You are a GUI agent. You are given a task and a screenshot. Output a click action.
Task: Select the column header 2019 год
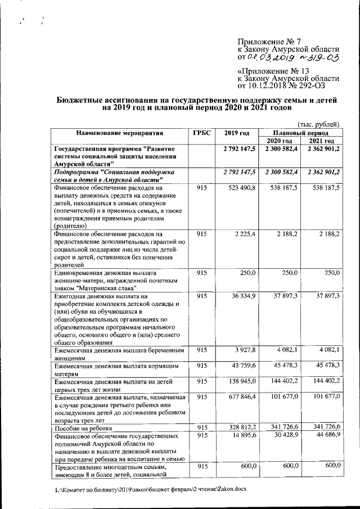236,133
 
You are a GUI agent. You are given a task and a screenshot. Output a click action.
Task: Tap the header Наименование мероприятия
120,133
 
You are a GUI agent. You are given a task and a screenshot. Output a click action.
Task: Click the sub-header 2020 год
279,141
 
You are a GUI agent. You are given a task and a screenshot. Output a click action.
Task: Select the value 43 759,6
242,366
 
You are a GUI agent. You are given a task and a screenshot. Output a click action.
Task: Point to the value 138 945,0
240,381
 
